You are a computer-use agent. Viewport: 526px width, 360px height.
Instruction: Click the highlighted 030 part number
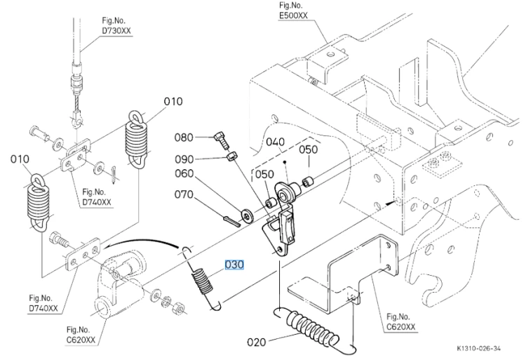[234, 265]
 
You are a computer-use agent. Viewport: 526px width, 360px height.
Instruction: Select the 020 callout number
[257, 342]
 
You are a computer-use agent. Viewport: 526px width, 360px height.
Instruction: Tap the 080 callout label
[184, 138]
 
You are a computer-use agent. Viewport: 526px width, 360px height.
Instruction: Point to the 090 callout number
[184, 159]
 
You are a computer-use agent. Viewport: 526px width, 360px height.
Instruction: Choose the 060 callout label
[184, 173]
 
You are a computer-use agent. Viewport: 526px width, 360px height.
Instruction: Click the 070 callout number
[184, 194]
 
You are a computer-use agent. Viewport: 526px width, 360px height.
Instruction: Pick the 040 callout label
[275, 142]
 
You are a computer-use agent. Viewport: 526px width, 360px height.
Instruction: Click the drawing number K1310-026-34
[479, 349]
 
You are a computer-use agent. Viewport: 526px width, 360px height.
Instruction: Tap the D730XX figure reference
[116, 31]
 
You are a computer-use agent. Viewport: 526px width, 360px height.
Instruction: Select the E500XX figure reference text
[293, 15]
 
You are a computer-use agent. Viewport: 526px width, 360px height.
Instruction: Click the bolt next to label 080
[222, 141]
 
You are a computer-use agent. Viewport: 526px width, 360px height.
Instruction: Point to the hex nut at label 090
[232, 156]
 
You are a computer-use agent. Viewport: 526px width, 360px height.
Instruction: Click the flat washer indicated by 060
[248, 215]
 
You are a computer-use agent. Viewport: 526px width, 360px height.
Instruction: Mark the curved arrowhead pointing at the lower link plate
[107, 246]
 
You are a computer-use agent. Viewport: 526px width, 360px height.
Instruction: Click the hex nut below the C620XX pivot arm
[178, 307]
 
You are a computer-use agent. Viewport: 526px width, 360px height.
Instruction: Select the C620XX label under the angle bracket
[400, 327]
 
